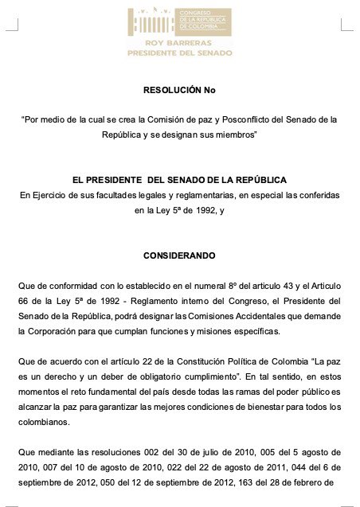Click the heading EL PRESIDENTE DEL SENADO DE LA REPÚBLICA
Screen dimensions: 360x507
pyautogui.click(x=179, y=180)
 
